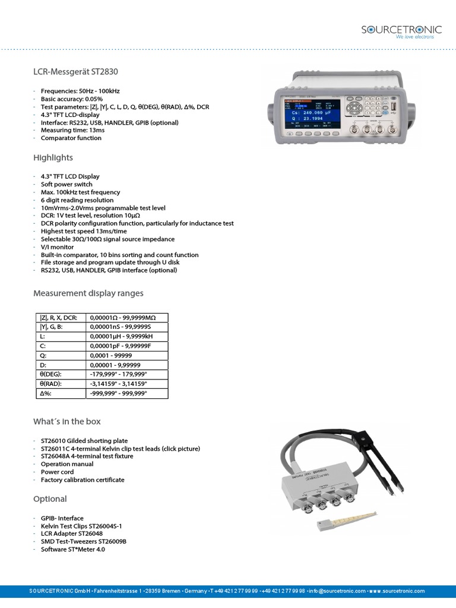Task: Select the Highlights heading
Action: [x=53, y=157]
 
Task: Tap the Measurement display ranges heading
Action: [x=88, y=293]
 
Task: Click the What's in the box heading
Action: [x=67, y=422]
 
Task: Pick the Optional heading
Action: [x=50, y=499]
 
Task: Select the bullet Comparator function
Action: [x=71, y=138]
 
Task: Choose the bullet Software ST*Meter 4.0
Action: [x=73, y=549]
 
